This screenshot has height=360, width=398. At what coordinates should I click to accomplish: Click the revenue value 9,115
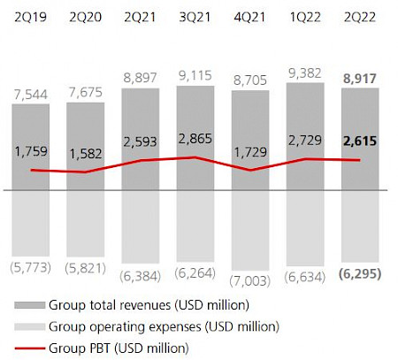(x=195, y=76)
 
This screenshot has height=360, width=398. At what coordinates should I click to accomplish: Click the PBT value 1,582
(x=86, y=155)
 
